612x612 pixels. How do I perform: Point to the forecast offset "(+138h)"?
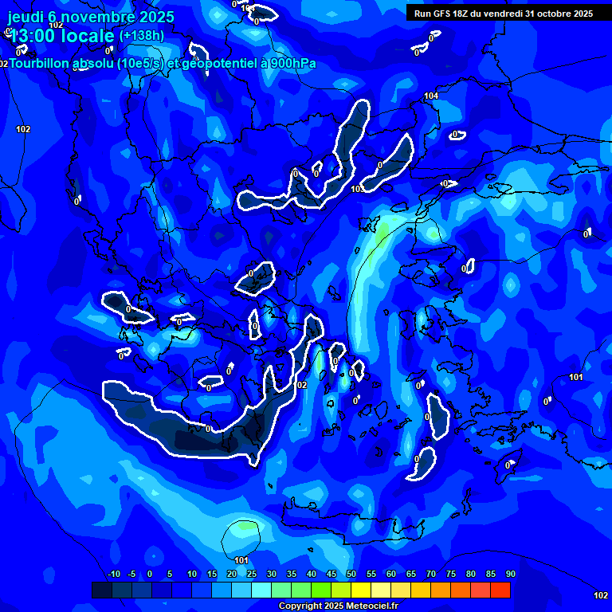click(x=142, y=36)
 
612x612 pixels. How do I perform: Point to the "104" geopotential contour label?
click(x=431, y=96)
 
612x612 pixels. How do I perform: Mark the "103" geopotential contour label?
click(x=357, y=189)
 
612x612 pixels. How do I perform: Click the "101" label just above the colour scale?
click(x=241, y=560)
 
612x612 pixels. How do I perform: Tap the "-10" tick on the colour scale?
click(x=114, y=575)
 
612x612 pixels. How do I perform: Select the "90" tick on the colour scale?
click(x=510, y=575)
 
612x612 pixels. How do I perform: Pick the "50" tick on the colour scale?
click(x=351, y=575)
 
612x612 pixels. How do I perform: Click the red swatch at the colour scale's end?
click(x=500, y=590)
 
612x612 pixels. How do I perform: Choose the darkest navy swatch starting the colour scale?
click(x=101, y=590)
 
